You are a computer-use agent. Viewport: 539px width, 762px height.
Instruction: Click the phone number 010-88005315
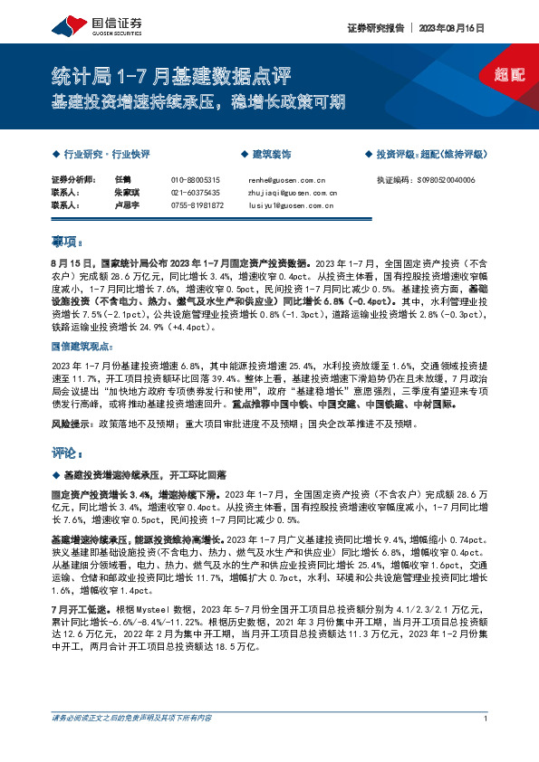click(x=196, y=180)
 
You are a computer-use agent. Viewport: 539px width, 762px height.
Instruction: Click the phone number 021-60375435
click(x=196, y=193)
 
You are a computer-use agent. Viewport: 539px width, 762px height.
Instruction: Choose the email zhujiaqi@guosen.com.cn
click(x=292, y=193)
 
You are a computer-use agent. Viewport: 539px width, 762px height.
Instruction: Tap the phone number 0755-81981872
click(x=197, y=205)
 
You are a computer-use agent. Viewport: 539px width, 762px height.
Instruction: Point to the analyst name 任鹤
click(x=124, y=180)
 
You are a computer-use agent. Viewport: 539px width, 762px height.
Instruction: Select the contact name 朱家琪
click(x=127, y=193)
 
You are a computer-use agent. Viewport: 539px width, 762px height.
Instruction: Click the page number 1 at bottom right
click(x=486, y=719)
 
